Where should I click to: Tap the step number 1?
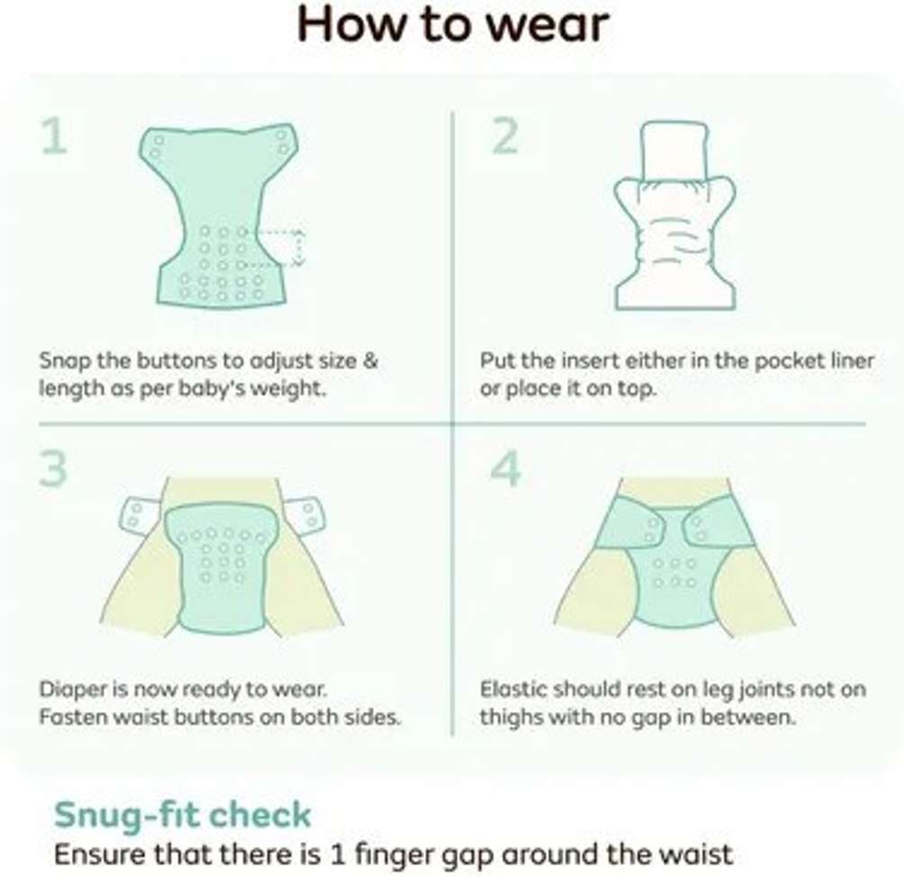(55, 136)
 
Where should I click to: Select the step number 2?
(505, 136)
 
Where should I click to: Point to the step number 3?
(54, 469)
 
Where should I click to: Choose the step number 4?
(506, 469)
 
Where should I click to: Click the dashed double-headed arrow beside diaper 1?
(297, 248)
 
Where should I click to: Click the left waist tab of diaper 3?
(140, 515)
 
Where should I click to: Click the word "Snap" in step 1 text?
(65, 361)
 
